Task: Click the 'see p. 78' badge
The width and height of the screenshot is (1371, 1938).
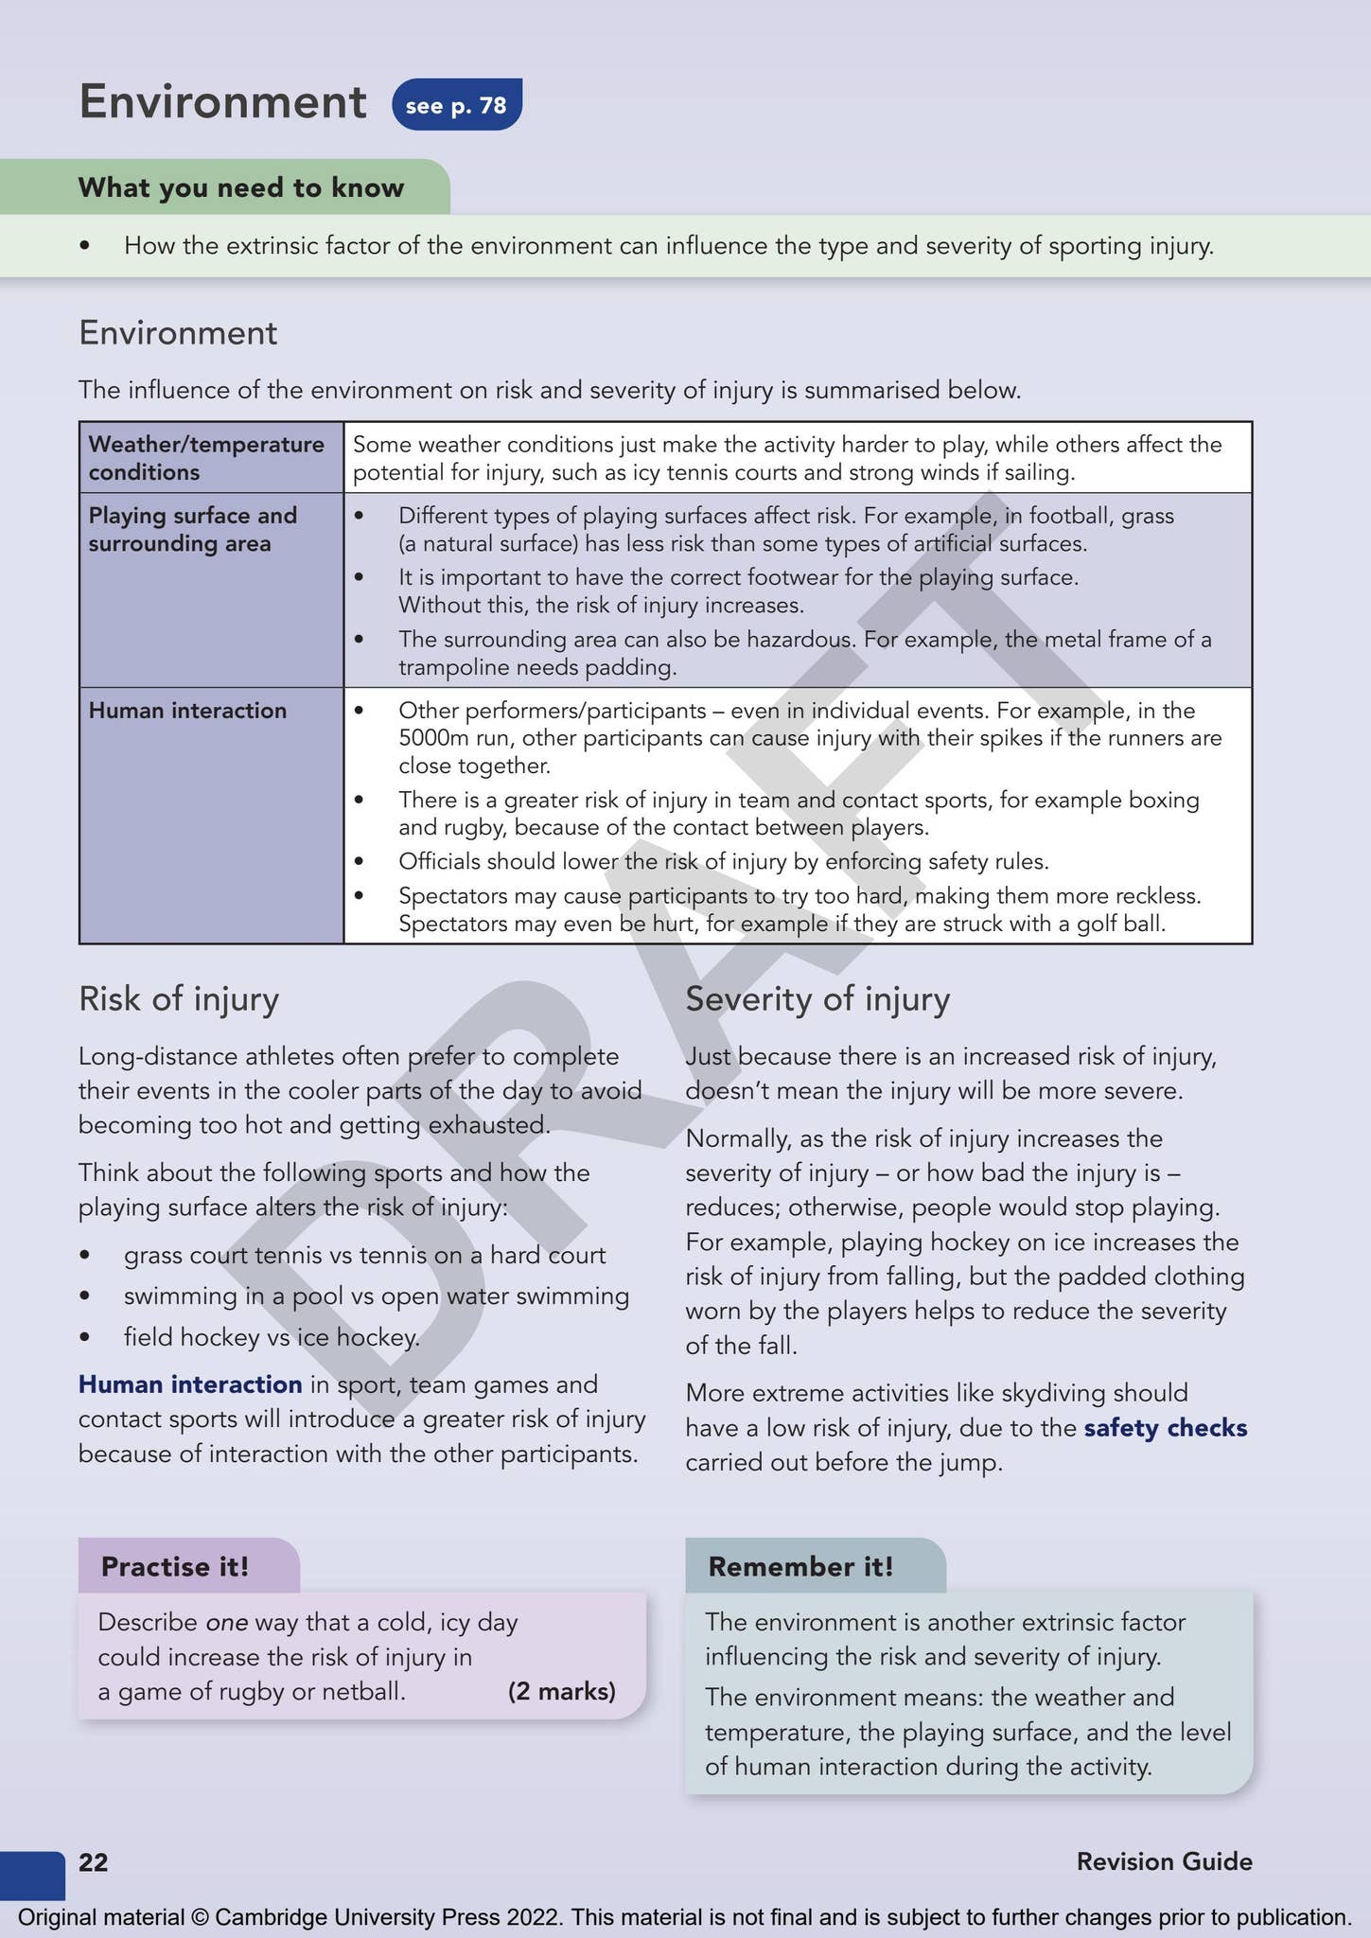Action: click(x=456, y=105)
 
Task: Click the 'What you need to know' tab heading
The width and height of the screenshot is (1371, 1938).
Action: click(x=240, y=187)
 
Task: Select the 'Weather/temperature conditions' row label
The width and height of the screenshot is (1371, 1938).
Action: click(x=206, y=458)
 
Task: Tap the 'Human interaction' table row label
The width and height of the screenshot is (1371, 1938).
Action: click(x=187, y=711)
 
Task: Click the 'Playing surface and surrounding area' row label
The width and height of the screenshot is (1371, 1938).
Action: click(x=193, y=530)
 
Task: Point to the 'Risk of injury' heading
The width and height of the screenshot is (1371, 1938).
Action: click(x=179, y=999)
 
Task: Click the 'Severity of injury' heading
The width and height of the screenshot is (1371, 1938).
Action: click(x=817, y=999)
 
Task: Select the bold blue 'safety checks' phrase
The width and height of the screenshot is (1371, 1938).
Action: click(x=1165, y=1428)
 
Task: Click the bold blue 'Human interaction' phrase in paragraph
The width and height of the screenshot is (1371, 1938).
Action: click(x=190, y=1384)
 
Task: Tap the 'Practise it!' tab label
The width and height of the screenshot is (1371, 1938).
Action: click(x=175, y=1567)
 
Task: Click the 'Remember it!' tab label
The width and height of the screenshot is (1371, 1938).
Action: click(x=800, y=1567)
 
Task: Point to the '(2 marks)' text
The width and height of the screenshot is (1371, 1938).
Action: click(x=561, y=1692)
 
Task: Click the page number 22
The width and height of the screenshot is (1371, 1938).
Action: click(x=93, y=1862)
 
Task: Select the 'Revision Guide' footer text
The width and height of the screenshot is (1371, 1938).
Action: click(x=1164, y=1862)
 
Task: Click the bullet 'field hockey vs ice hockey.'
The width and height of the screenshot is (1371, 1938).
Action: click(x=272, y=1337)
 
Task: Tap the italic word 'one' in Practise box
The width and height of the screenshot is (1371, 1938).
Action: click(x=226, y=1623)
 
